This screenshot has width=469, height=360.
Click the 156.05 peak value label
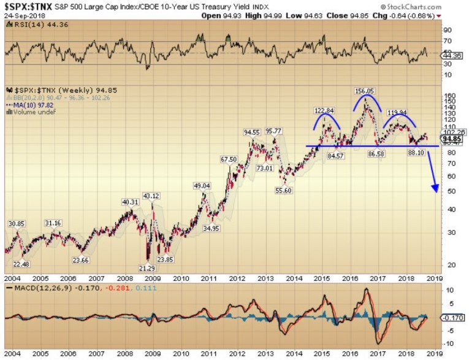[x=364, y=91]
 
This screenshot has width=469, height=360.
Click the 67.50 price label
[x=229, y=159]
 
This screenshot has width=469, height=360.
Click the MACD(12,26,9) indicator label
[x=36, y=288]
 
